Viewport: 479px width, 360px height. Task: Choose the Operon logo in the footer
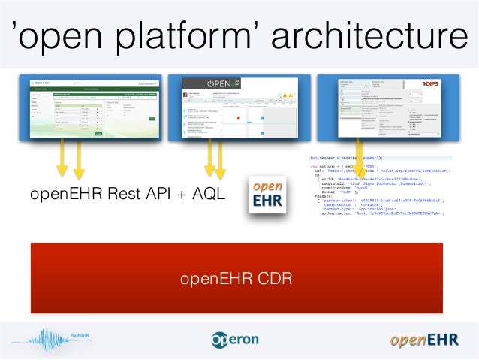click(x=235, y=339)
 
